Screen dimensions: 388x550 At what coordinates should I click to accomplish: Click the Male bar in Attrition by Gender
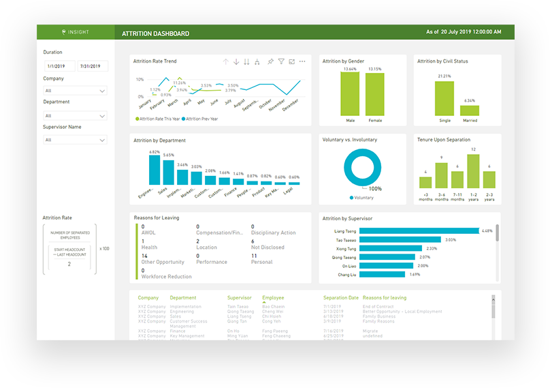tap(351, 94)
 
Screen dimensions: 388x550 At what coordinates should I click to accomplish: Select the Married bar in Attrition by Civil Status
tap(469, 110)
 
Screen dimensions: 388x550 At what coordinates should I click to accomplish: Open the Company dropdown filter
tap(75, 91)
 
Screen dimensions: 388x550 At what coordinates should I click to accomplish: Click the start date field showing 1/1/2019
tap(60, 66)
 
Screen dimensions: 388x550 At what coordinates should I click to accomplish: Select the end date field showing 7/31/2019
tap(93, 66)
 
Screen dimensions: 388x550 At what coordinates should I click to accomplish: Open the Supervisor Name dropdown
tap(75, 140)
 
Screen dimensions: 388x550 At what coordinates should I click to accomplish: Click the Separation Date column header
tap(340, 298)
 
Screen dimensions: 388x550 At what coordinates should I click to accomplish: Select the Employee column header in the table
tap(273, 298)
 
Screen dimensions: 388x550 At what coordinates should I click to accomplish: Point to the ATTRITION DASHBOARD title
tap(155, 33)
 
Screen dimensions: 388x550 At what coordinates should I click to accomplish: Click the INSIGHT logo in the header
tap(75, 32)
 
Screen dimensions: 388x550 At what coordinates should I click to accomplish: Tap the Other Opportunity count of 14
tap(144, 256)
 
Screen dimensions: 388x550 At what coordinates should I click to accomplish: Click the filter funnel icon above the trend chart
tap(280, 61)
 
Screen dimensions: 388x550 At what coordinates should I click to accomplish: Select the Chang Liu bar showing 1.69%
tap(383, 275)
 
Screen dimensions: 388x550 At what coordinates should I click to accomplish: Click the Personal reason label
tap(261, 262)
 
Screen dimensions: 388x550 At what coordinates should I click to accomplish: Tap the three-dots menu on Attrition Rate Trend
tap(302, 61)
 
